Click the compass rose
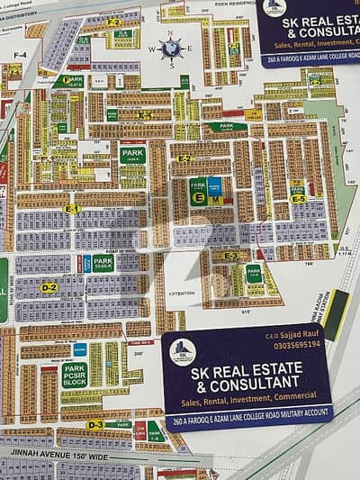[172, 47]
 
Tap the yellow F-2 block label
[113, 22]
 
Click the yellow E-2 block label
[184, 158]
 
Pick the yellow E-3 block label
[231, 256]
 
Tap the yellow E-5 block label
[298, 198]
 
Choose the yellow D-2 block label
[49, 287]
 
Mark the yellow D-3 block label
[95, 423]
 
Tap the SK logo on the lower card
[183, 351]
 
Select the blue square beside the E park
[215, 187]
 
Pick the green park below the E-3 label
[254, 273]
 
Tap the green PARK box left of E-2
[132, 154]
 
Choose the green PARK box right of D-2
[103, 264]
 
